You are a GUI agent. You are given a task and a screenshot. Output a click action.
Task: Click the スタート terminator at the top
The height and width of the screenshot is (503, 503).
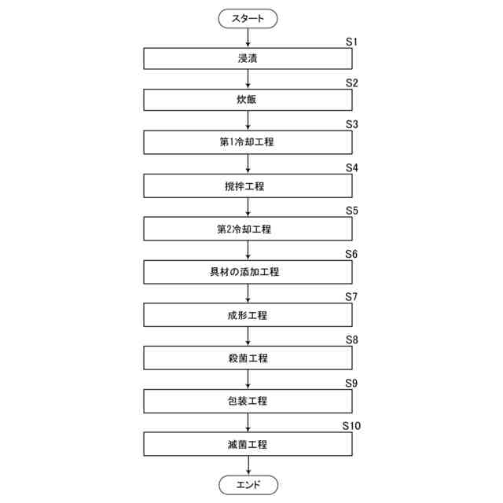tap(248, 17)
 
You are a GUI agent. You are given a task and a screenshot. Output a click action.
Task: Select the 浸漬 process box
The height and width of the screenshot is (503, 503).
tap(248, 58)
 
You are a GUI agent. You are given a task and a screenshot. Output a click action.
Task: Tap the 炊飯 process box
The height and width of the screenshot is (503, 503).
tap(248, 101)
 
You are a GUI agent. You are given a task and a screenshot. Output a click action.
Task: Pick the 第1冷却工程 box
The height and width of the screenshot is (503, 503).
tap(248, 143)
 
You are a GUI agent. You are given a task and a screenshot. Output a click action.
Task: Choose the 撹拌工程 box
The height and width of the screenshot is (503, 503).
tap(248, 186)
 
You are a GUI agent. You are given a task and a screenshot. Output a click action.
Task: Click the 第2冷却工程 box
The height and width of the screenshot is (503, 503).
tap(248, 229)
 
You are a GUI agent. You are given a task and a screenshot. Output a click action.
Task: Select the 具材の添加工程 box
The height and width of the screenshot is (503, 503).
tap(248, 273)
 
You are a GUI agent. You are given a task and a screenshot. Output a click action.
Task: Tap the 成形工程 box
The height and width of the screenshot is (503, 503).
tap(248, 315)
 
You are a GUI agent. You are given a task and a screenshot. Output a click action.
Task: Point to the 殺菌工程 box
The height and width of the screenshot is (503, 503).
tap(248, 358)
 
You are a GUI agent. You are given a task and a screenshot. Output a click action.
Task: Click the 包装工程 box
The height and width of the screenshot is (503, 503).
tap(248, 402)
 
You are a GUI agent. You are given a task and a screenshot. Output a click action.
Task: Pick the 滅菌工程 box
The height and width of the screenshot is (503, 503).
tap(248, 445)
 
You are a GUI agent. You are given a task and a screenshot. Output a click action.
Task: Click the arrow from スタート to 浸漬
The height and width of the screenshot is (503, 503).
tap(248, 37)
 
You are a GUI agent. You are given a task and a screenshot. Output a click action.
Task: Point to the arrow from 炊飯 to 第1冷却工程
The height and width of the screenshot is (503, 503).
tap(248, 122)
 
